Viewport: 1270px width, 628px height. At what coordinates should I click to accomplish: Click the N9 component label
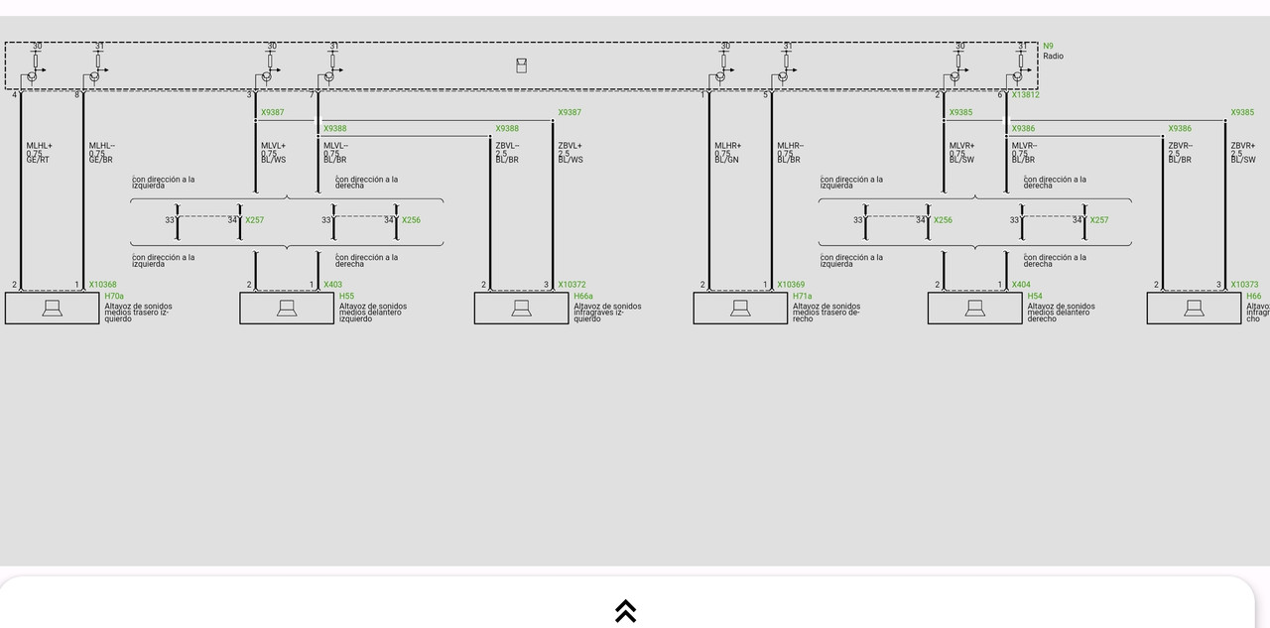pos(1048,46)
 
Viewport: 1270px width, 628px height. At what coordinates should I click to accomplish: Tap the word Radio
pos(1053,57)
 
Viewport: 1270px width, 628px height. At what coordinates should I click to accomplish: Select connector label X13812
pos(1025,95)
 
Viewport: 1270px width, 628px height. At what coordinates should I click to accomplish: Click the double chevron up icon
pos(625,610)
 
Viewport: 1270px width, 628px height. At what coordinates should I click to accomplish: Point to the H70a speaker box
pos(52,309)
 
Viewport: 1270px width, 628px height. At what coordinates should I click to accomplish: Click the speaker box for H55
pos(287,309)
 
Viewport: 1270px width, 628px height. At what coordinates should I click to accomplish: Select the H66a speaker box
pos(521,309)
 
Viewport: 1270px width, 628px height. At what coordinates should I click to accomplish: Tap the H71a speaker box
pos(740,309)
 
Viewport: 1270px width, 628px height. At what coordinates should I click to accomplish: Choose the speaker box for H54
pos(974,309)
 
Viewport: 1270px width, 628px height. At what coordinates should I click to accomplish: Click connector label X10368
pos(102,285)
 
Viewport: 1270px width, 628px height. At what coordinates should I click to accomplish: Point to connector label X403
pos(332,285)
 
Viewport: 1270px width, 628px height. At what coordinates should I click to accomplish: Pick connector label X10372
pos(571,285)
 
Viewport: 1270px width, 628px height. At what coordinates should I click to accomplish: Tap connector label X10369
pos(791,285)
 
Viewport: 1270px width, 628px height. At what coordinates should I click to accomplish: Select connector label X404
pos(1021,285)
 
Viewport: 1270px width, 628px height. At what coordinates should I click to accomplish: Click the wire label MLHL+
pos(39,146)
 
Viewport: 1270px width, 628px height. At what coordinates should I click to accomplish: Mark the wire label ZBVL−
pos(507,146)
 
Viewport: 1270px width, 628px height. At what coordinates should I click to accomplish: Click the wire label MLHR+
pos(727,146)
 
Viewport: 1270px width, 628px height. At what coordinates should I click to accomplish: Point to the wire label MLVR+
pos(961,146)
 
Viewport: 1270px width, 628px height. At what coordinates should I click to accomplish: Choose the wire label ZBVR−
pos(1180,146)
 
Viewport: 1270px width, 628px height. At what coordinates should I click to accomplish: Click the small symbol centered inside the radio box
pos(521,65)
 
